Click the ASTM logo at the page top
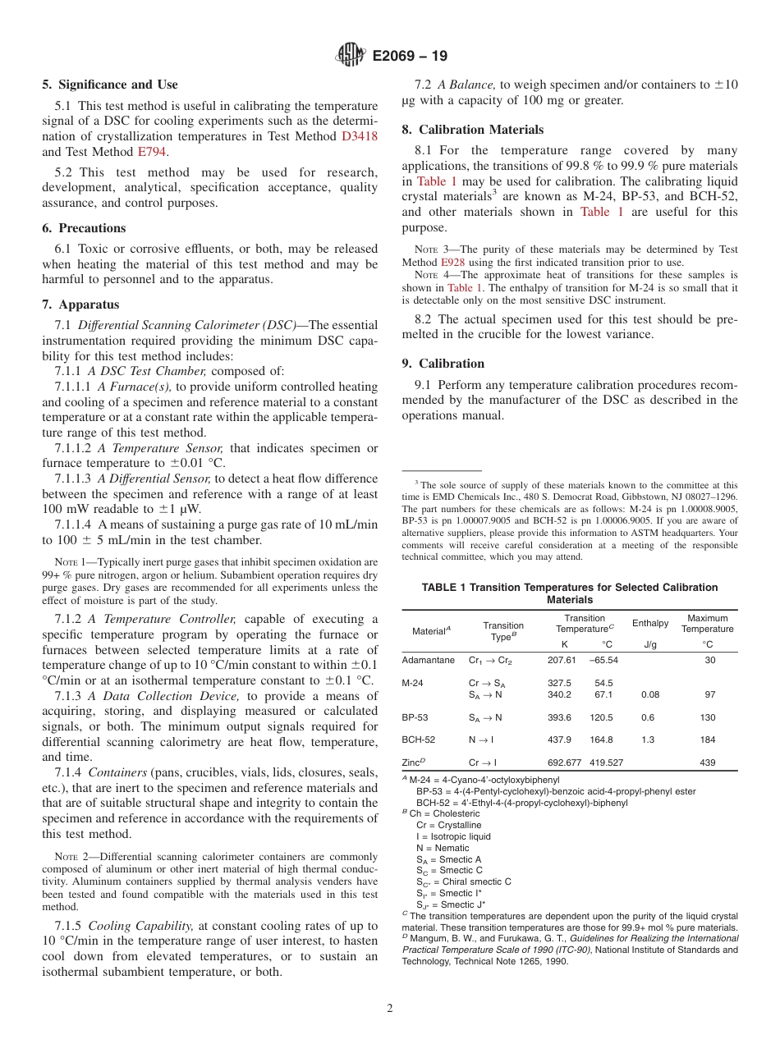pyautogui.click(x=351, y=56)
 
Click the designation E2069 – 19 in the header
pyautogui.click(x=410, y=57)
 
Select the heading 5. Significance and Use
pyautogui.click(x=109, y=85)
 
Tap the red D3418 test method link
pyautogui.click(x=359, y=136)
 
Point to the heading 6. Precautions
pyautogui.click(x=84, y=228)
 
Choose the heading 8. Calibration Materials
pyautogui.click(x=472, y=130)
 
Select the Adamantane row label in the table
pyautogui.click(x=428, y=660)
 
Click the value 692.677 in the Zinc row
pyautogui.click(x=564, y=762)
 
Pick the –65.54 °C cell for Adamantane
pyautogui.click(x=603, y=660)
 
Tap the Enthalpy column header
pyautogui.click(x=650, y=623)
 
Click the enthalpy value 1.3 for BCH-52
pyautogui.click(x=648, y=739)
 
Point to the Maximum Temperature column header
pyautogui.click(x=707, y=623)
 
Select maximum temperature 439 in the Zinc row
pyautogui.click(x=707, y=762)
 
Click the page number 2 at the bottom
pyautogui.click(x=390, y=1009)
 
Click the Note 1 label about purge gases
pyautogui.click(x=71, y=562)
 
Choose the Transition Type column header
pyautogui.click(x=502, y=630)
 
